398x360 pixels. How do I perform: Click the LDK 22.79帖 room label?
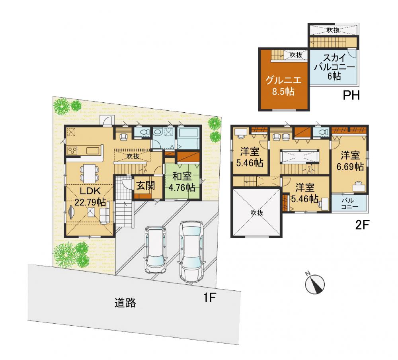(x=90, y=196)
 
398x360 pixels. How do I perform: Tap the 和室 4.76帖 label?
(x=182, y=182)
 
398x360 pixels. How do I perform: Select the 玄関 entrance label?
(x=145, y=186)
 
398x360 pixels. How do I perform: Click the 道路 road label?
(x=125, y=303)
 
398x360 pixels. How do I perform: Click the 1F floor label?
(x=210, y=297)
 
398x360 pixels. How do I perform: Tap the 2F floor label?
(x=362, y=225)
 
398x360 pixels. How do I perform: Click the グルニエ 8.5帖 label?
(x=283, y=86)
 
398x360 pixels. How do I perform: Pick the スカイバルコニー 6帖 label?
(x=334, y=67)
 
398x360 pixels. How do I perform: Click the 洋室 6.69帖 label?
(x=350, y=160)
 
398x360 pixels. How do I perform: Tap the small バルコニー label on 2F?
(x=349, y=203)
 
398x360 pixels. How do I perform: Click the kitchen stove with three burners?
(x=72, y=151)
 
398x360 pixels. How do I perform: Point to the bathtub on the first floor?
(x=189, y=137)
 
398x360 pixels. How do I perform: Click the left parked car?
(x=155, y=249)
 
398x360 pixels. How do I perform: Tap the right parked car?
(x=191, y=252)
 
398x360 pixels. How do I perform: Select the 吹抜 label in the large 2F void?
(x=257, y=212)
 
